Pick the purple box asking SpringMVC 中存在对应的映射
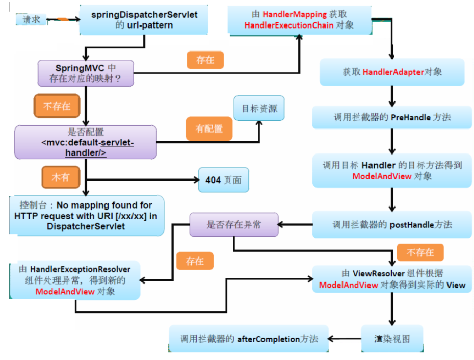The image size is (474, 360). coord(86,73)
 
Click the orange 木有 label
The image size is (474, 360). coord(59,177)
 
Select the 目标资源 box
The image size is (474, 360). coord(259,108)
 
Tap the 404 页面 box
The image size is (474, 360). coord(223,180)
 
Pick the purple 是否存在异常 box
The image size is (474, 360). coord(234,224)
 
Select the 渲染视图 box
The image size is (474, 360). coord(392,339)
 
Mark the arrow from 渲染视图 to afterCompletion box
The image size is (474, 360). coord(345,339)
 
